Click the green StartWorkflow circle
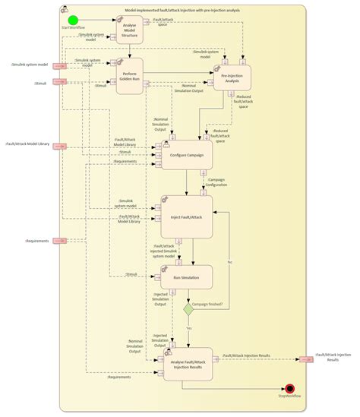tap(73, 21)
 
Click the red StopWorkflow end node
tap(289, 388)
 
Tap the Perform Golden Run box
tap(131, 79)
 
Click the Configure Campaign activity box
tap(186, 155)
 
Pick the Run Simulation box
tap(186, 277)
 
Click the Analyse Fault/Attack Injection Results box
tap(188, 364)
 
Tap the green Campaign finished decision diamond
tap(188, 309)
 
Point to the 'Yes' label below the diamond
tap(188, 327)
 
